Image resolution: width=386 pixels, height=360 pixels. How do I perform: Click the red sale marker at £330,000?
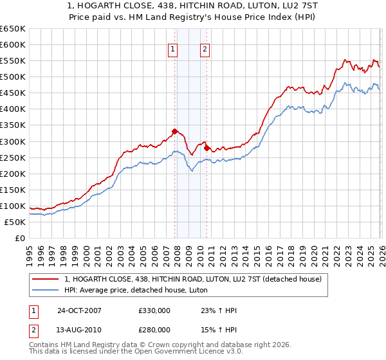click(x=174, y=131)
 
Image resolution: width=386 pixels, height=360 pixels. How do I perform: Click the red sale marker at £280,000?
click(x=207, y=147)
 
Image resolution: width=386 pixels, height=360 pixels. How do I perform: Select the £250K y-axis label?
click(x=13, y=157)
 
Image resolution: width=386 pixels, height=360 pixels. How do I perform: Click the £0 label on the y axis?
click(x=19, y=239)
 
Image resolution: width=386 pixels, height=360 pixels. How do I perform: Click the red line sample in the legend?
click(x=46, y=279)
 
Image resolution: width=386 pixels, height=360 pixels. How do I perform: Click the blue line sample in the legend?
click(x=46, y=291)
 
